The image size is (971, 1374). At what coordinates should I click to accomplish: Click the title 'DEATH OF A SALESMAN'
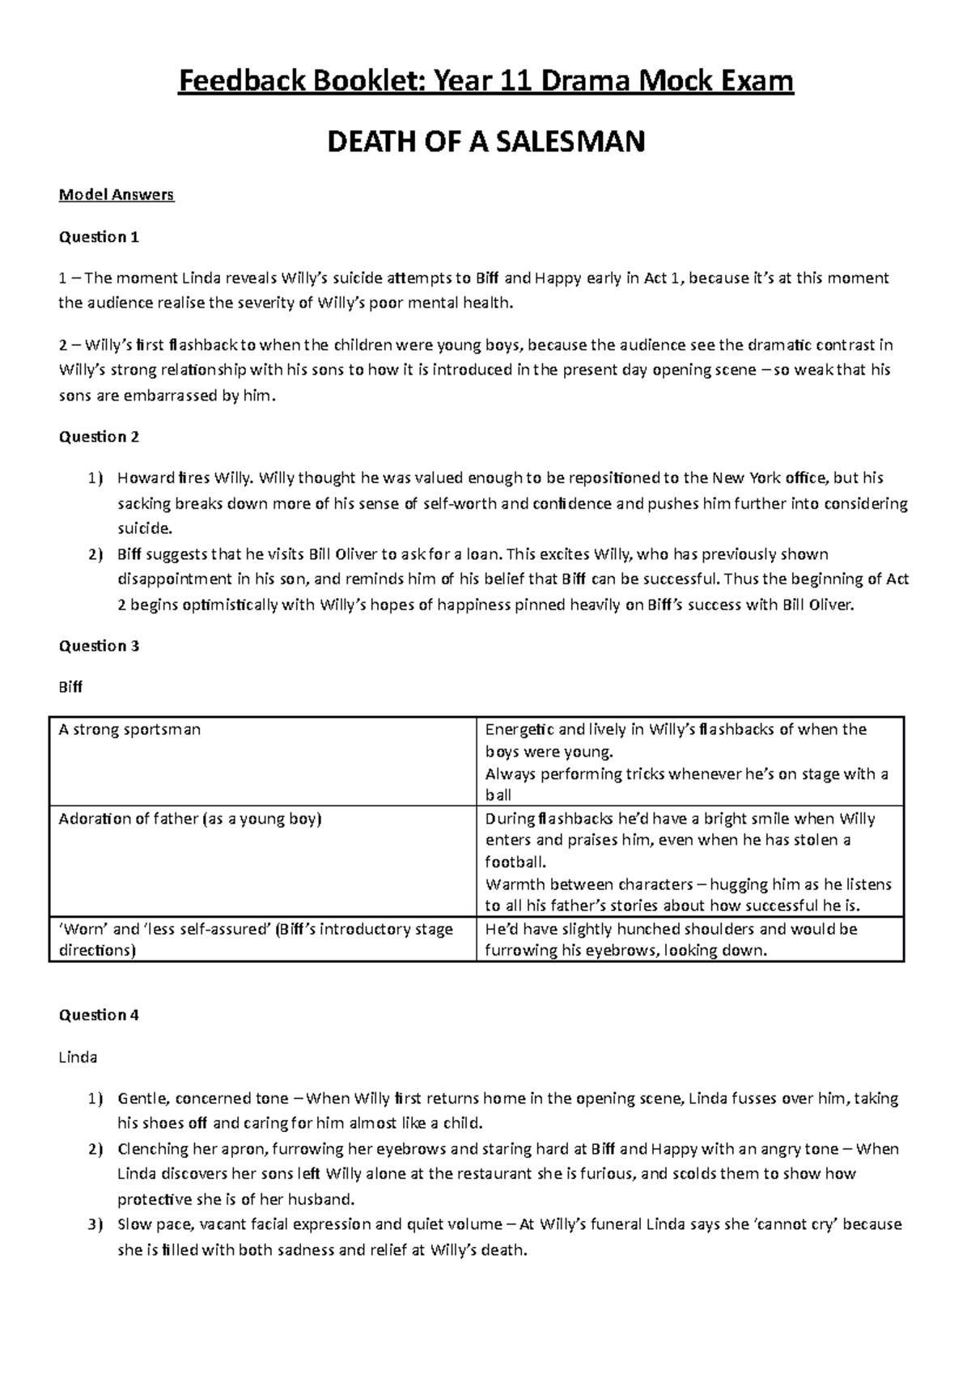pyautogui.click(x=485, y=142)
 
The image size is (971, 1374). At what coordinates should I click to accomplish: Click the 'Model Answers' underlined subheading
pyautogui.click(x=117, y=195)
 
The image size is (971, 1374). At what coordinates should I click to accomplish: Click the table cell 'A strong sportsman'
pyautogui.click(x=129, y=730)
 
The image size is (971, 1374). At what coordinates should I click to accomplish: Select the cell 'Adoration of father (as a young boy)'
pyautogui.click(x=190, y=819)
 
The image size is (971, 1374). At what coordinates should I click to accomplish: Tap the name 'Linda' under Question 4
pyautogui.click(x=78, y=1057)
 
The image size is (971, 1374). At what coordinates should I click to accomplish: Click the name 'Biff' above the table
pyautogui.click(x=70, y=687)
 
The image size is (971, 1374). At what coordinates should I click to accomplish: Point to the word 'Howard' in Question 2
pyautogui.click(x=145, y=478)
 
